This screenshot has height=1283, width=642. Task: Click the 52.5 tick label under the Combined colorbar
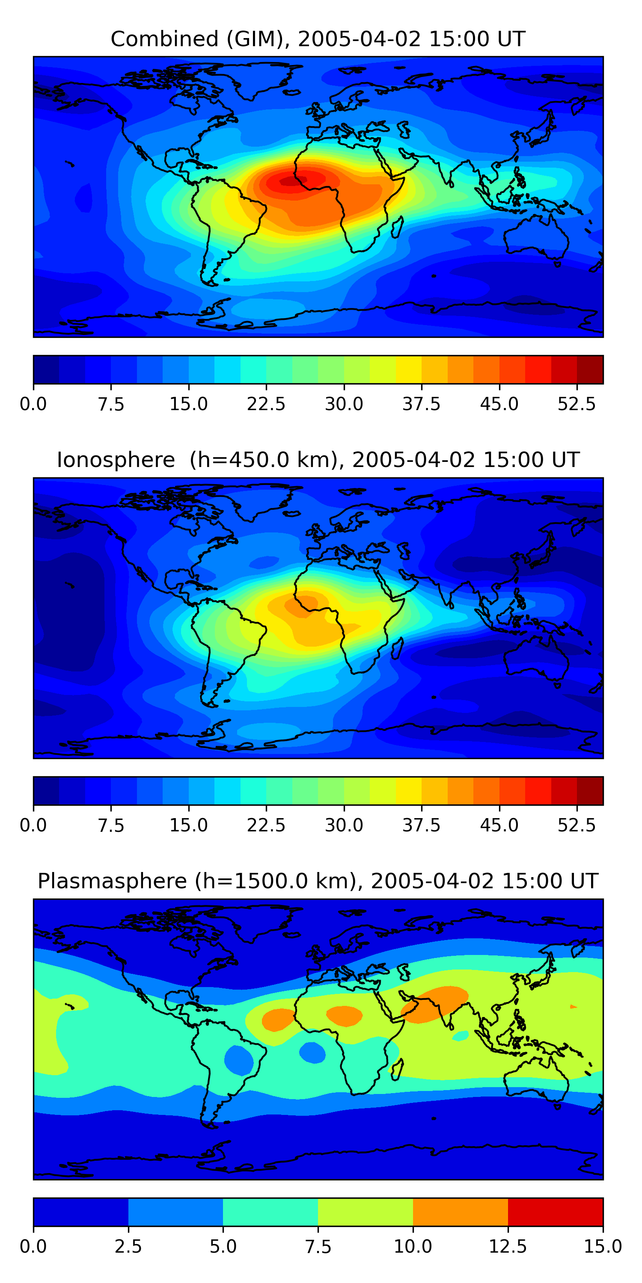click(x=577, y=404)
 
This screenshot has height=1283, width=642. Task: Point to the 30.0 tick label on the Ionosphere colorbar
click(x=344, y=825)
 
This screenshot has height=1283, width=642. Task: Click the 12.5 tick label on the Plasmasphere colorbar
click(x=508, y=1247)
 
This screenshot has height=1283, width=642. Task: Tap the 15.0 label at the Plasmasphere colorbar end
click(x=603, y=1247)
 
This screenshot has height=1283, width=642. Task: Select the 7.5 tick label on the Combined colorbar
click(x=111, y=404)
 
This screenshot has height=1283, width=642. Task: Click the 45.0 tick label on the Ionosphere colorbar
click(x=499, y=825)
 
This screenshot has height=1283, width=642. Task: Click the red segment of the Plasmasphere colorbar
click(x=555, y=1212)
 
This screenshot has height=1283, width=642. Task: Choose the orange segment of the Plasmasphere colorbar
click(x=461, y=1212)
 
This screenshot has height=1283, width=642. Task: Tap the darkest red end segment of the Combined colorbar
click(x=590, y=370)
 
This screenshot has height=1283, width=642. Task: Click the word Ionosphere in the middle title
click(x=116, y=460)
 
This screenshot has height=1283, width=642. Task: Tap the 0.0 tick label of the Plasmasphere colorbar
click(x=33, y=1247)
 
